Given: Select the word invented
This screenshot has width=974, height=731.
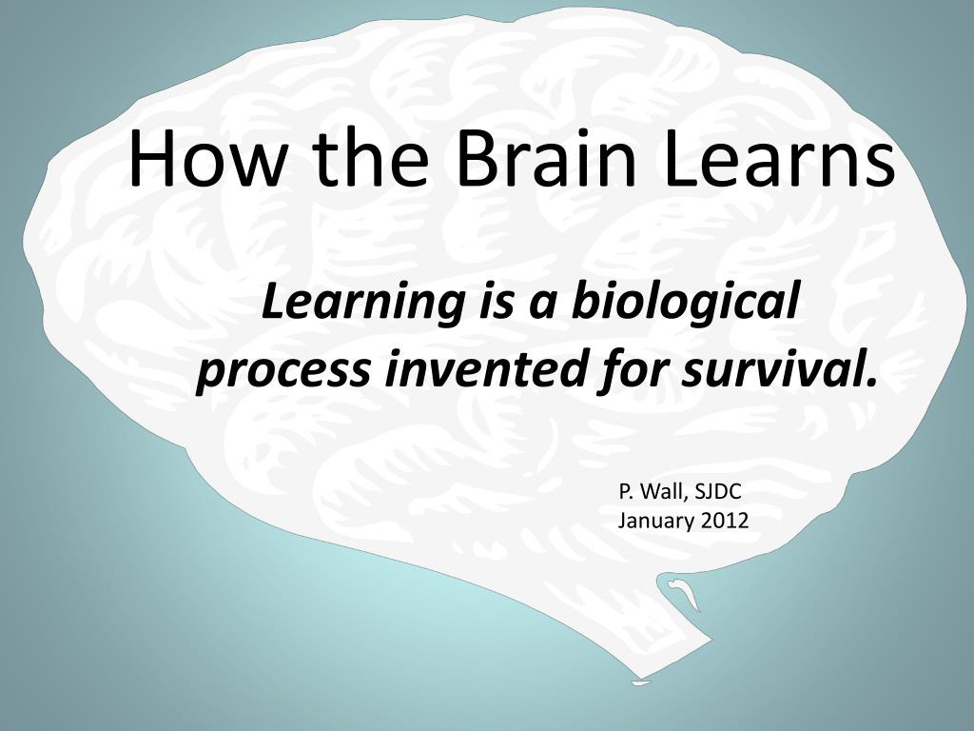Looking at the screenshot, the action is click(x=485, y=368).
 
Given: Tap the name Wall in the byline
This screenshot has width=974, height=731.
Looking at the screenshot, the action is click(x=663, y=492).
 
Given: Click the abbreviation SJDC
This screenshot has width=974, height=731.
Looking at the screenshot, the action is click(x=718, y=492).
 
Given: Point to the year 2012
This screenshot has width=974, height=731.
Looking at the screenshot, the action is click(x=725, y=520).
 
